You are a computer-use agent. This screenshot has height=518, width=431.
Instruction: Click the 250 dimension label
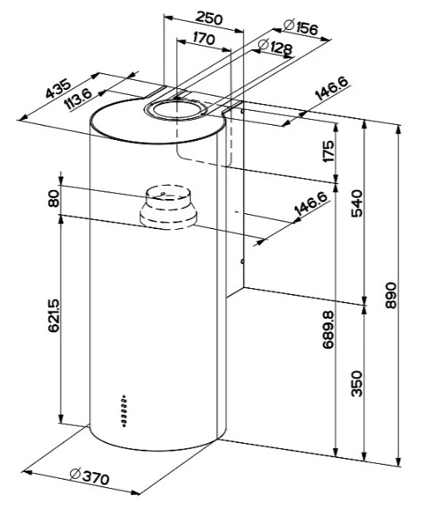(209, 18)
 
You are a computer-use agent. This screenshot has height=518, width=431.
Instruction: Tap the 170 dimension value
(203, 38)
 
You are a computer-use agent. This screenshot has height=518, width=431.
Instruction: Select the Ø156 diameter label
(300, 27)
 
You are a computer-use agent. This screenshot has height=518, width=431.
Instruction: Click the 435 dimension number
(58, 88)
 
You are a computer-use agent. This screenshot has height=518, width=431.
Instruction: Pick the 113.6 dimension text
(78, 99)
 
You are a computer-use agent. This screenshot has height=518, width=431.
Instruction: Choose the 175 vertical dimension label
(329, 151)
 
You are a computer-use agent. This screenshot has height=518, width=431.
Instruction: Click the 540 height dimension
(357, 203)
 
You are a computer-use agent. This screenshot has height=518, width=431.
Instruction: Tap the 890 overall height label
(391, 295)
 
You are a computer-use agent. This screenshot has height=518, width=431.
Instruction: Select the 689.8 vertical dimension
(329, 330)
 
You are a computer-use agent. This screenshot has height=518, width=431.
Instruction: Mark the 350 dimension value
(357, 384)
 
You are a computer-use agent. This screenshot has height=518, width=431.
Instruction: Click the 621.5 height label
(54, 316)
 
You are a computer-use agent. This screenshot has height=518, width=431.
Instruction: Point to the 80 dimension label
(54, 199)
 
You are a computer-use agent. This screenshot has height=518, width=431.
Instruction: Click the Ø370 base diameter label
(89, 476)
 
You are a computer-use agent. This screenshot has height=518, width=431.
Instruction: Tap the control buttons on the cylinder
(124, 411)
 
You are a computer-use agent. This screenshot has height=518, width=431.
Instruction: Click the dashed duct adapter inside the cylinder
(168, 207)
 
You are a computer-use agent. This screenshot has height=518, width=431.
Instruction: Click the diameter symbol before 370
(76, 474)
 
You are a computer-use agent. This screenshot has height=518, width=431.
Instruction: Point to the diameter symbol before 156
(289, 25)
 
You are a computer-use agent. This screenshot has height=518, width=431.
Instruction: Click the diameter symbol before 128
(263, 44)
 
